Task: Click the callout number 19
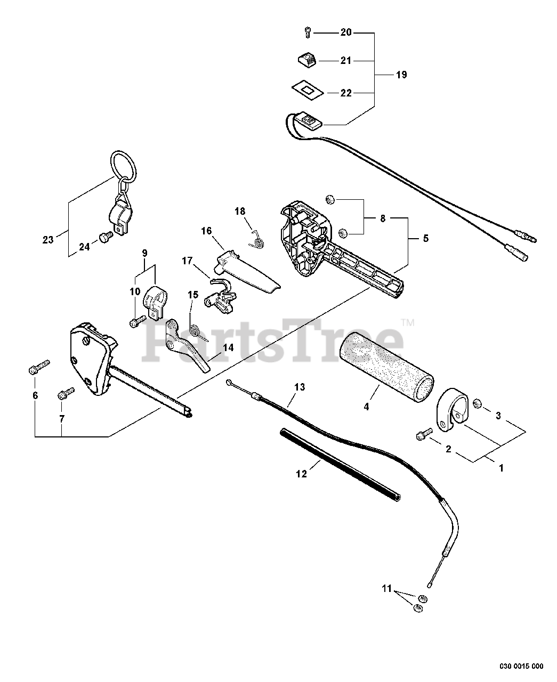point(401,75)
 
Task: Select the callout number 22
point(346,93)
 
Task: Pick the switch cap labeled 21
point(307,59)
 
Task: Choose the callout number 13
point(300,387)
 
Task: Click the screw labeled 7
point(66,394)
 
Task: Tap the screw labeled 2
point(423,436)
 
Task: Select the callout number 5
point(425,238)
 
